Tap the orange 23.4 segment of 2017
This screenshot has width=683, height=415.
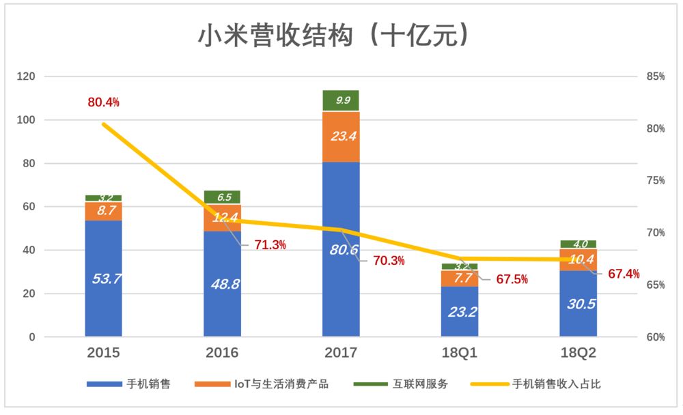pos(341,137)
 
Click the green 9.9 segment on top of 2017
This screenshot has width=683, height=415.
pos(341,100)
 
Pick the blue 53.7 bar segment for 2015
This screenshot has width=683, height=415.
pos(104,278)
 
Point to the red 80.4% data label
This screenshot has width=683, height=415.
pos(104,102)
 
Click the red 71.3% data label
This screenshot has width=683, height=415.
pos(270,245)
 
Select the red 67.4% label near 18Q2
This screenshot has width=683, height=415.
pos(624,274)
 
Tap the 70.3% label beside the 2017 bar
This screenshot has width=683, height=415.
pos(389,260)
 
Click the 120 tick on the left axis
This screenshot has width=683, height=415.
pos(25,76)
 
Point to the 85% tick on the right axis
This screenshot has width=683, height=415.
pos(655,76)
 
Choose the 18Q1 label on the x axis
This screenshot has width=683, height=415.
pos(459,353)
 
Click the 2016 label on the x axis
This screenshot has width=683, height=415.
pos(222,353)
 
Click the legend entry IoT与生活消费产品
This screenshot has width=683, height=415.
pos(281,384)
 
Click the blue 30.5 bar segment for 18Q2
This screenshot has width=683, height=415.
pos(578,304)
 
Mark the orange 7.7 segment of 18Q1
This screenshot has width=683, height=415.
pos(459,278)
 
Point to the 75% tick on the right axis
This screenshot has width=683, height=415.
pos(655,181)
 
